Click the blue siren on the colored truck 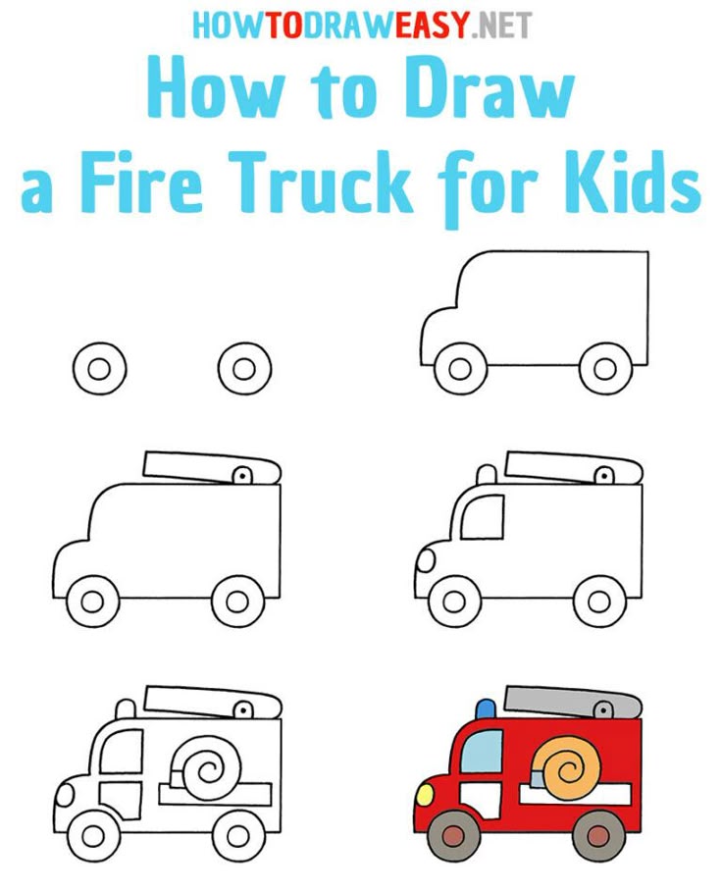pos(486,708)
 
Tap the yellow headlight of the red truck pos(425,794)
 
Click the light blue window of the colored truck pos(482,751)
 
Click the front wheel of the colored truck pos(452,836)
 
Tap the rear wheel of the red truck pos(597,836)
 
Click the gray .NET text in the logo pos(502,26)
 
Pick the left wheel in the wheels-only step pos(99,369)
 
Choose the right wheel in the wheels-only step pos(244,369)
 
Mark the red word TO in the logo pos(284,26)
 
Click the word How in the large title pos(217,89)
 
